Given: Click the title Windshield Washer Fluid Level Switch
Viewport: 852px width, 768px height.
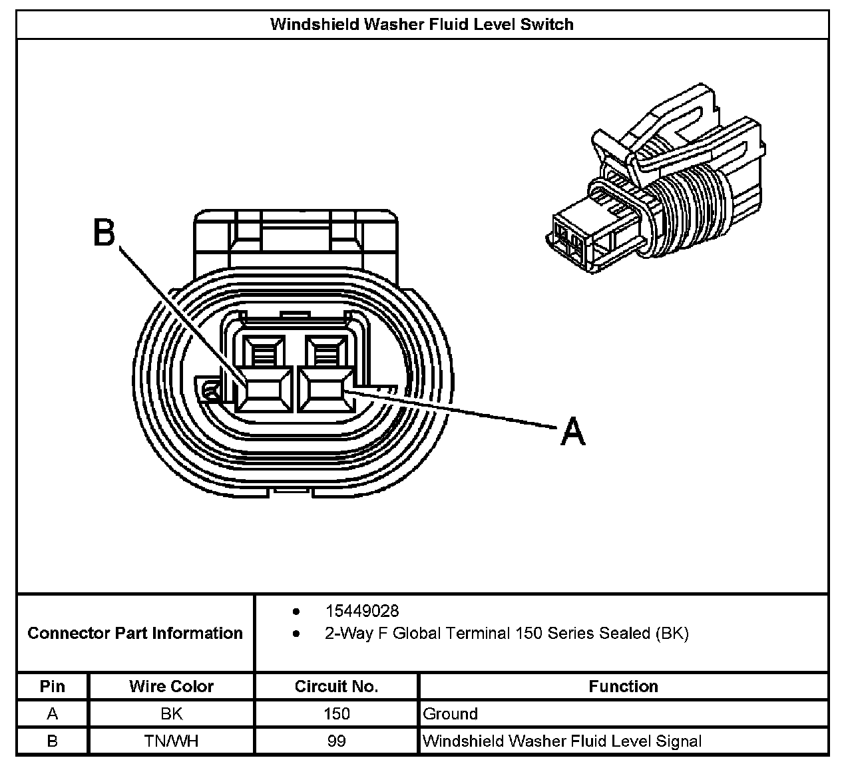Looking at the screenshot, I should click(x=421, y=25).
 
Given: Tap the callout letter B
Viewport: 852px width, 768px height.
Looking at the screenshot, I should click(x=104, y=233).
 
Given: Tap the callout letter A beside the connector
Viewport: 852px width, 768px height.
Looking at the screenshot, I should click(x=572, y=431).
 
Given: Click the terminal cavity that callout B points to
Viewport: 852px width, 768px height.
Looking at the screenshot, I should click(x=264, y=389).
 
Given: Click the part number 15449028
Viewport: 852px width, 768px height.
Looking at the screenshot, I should click(x=361, y=611).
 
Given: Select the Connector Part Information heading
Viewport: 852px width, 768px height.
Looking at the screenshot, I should click(x=135, y=633).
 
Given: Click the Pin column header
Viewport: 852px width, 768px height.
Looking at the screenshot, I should click(x=53, y=686).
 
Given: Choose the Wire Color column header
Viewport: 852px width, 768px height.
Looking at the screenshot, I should click(x=171, y=686).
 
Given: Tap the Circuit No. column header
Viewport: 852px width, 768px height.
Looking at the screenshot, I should click(x=336, y=686).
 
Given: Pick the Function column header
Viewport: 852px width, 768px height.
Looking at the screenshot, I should click(x=623, y=686).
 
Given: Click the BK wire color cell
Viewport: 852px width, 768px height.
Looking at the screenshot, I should click(x=171, y=714).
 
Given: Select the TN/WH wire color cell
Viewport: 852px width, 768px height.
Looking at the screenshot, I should click(x=171, y=741).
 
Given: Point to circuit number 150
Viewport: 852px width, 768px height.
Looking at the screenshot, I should click(x=336, y=714).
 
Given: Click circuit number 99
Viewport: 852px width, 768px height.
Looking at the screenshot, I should click(x=336, y=741).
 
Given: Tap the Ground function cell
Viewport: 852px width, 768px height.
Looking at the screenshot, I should click(x=451, y=714).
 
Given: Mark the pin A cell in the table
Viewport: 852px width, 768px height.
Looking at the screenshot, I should click(x=53, y=714).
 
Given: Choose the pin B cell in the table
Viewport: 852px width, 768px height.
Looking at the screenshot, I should click(x=53, y=741).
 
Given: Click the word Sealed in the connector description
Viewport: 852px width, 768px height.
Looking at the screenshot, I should click(x=626, y=633).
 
